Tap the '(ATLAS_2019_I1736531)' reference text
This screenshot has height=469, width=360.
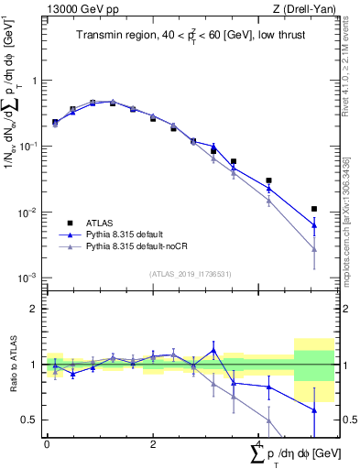[190, 273]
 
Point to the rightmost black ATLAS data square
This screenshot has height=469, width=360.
[314, 209]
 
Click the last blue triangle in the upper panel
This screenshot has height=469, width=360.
[314, 225]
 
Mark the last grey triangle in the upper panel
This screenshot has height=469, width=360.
[314, 248]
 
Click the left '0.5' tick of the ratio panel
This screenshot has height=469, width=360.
[30, 420]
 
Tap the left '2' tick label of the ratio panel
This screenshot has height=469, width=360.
[34, 309]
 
